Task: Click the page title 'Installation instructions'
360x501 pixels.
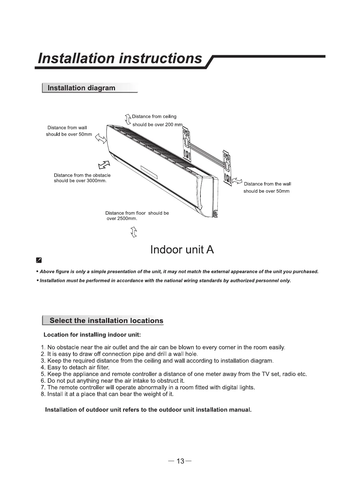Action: (120, 58)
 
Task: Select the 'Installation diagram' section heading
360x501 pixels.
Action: (81, 88)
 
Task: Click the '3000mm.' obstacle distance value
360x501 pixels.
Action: (96, 181)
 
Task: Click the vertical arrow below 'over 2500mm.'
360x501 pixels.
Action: (134, 232)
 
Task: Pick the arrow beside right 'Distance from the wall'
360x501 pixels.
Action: (237, 181)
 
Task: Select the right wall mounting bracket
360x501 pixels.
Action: (227, 168)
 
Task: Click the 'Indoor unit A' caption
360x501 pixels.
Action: (182, 250)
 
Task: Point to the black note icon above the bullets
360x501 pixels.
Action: (39, 260)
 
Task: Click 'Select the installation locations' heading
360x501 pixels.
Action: (106, 321)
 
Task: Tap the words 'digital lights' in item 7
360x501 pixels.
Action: (237, 387)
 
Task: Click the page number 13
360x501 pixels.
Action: (180, 461)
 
